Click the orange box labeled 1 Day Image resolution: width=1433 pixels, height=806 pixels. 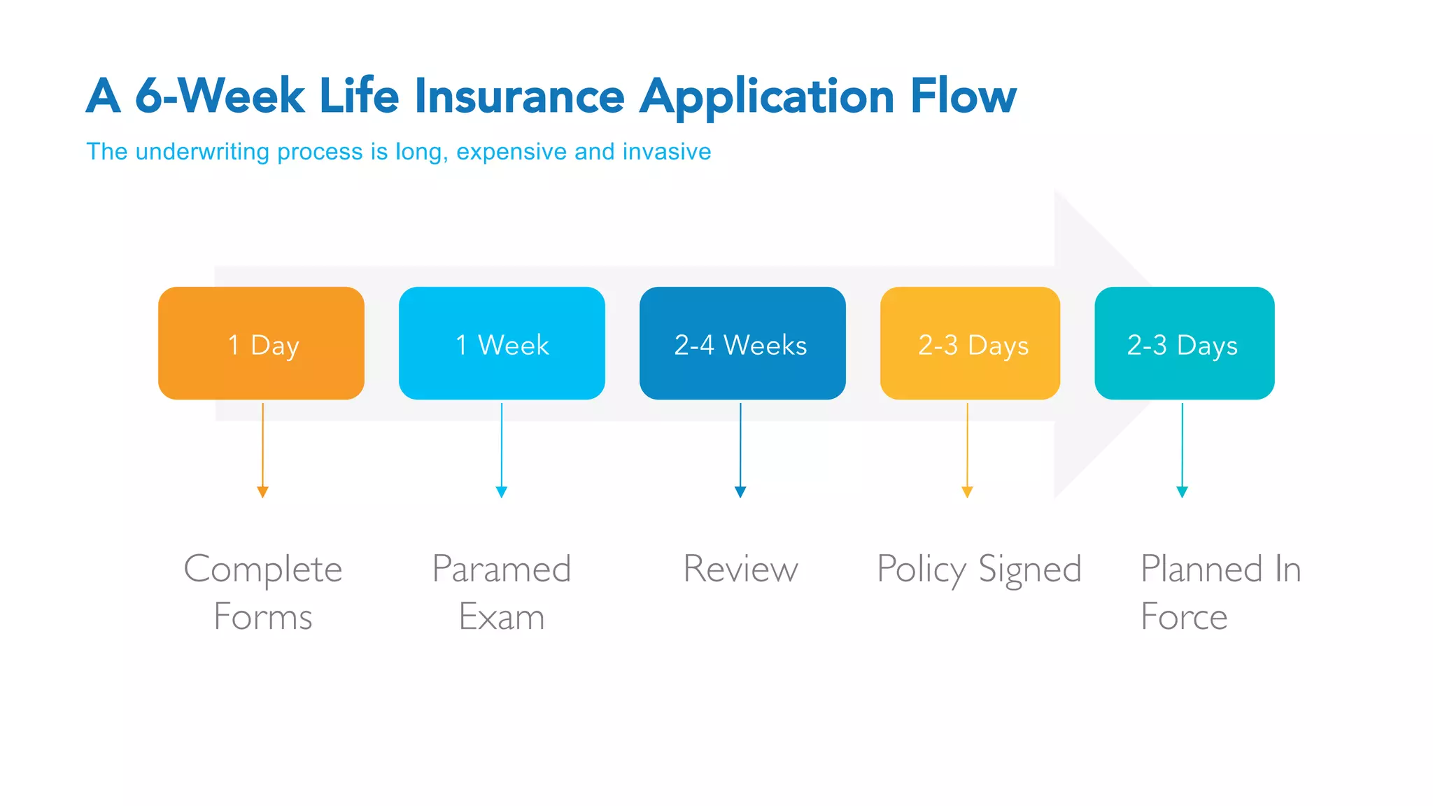[261, 344]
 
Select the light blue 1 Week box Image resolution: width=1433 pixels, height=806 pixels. [502, 344]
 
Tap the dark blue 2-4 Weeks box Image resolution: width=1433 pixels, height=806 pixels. [742, 344]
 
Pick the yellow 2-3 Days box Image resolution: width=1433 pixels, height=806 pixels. [970, 344]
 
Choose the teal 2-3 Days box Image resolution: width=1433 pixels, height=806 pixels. [1184, 344]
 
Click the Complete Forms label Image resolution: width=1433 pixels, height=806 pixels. [262, 592]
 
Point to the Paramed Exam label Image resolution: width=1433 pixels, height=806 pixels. [502, 592]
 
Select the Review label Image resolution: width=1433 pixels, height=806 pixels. [740, 568]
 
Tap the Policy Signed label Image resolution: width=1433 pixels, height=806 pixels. [979, 570]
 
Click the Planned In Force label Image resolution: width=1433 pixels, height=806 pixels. [1220, 592]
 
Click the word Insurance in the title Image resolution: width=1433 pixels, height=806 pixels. [519, 97]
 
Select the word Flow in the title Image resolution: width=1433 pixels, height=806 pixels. [963, 97]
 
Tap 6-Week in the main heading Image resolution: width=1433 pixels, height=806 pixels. [219, 97]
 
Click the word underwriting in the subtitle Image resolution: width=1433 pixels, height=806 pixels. [202, 152]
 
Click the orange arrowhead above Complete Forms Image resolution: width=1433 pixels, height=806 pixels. [262, 492]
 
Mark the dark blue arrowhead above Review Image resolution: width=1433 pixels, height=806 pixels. [740, 492]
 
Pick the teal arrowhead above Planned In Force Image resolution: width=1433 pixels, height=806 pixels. [1182, 492]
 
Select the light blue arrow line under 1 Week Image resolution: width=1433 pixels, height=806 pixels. [502, 444]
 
